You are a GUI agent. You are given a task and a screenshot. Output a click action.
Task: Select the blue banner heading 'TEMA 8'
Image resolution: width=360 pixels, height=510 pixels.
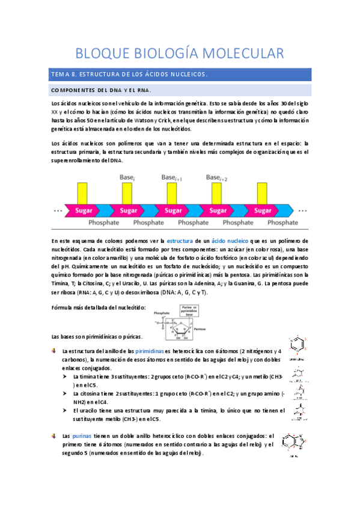[x=129, y=75]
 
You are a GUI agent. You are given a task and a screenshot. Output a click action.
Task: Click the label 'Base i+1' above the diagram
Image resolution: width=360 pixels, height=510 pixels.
[x=172, y=178]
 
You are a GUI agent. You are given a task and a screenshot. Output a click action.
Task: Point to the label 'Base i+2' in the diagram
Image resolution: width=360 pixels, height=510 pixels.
[x=217, y=178]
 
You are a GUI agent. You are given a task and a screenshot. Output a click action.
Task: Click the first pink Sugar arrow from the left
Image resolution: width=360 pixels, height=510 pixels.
[x=84, y=210]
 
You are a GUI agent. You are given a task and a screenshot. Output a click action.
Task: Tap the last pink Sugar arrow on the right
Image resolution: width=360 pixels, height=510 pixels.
[x=263, y=210]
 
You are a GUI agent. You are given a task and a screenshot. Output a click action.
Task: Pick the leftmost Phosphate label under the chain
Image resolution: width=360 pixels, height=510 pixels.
[x=105, y=223]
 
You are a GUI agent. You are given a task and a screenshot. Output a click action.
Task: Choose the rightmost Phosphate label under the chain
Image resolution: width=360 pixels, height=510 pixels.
[x=282, y=223]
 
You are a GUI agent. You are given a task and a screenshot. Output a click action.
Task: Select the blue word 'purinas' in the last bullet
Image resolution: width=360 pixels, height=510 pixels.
[x=82, y=436]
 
